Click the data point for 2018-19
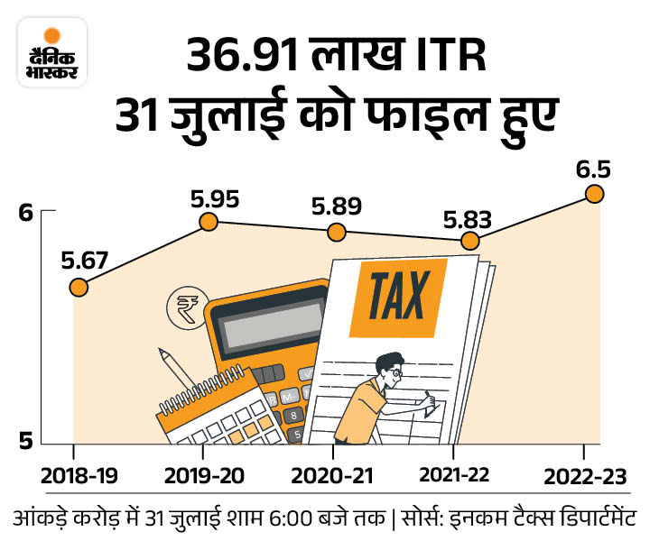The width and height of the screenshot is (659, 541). pyautogui.click(x=79, y=288)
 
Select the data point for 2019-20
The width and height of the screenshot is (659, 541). pyautogui.click(x=209, y=221)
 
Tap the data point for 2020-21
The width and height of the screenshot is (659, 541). pyautogui.click(x=337, y=232)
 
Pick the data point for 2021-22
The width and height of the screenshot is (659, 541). pyautogui.click(x=469, y=241)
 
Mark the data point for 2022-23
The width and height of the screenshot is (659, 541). pyautogui.click(x=594, y=193)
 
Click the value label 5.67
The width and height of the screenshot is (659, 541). pyautogui.click(x=85, y=261)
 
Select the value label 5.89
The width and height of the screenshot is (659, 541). pyautogui.click(x=337, y=206)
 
